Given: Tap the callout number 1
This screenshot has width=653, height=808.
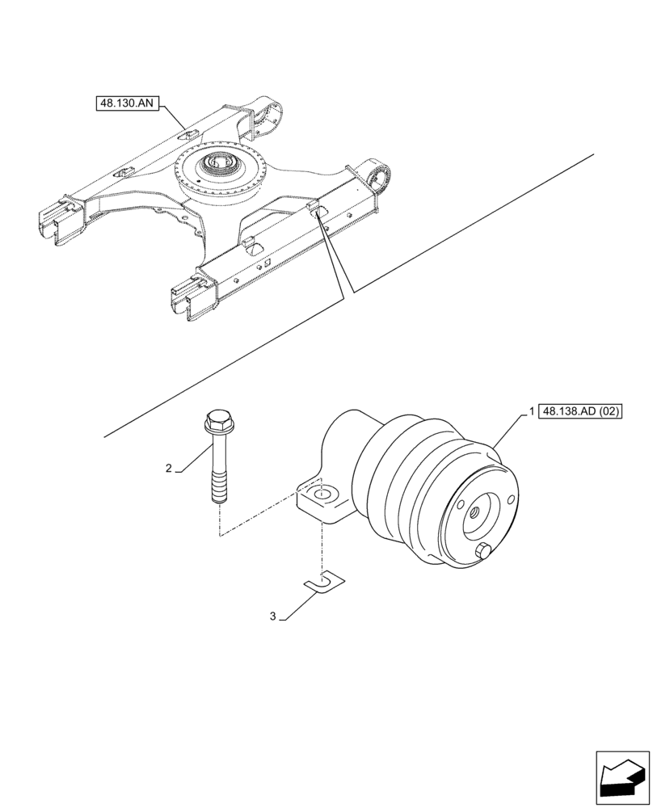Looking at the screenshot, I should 530,411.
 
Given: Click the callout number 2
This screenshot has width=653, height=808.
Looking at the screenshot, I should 168,468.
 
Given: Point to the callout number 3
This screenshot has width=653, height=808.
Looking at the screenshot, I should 273,616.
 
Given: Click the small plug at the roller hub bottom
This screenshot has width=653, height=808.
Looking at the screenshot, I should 484,553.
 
